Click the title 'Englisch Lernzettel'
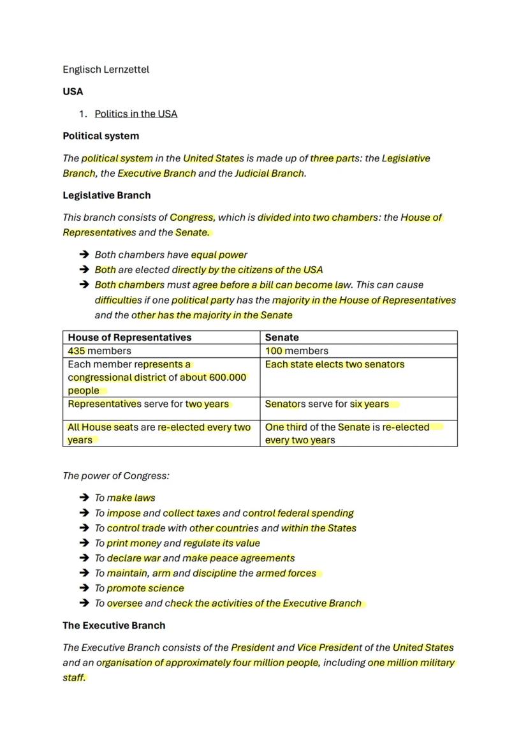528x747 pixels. [x=106, y=70]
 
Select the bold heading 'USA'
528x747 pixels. [x=73, y=91]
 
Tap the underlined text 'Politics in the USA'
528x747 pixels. [x=136, y=114]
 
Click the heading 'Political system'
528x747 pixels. [x=101, y=136]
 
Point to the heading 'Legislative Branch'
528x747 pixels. [x=106, y=195]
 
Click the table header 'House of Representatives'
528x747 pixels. [x=129, y=337]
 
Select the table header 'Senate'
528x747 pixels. [x=282, y=337]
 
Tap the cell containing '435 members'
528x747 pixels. [x=99, y=351]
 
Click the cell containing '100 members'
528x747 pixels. [x=297, y=351]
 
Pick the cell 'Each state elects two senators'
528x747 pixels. [x=335, y=364]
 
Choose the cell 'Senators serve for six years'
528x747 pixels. [x=327, y=404]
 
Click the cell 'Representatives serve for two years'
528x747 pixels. [x=149, y=404]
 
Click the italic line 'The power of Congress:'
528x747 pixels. [x=116, y=476]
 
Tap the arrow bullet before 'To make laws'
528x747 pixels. [x=84, y=498]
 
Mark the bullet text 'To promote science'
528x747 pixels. [x=139, y=588]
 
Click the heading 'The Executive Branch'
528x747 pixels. [x=114, y=626]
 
